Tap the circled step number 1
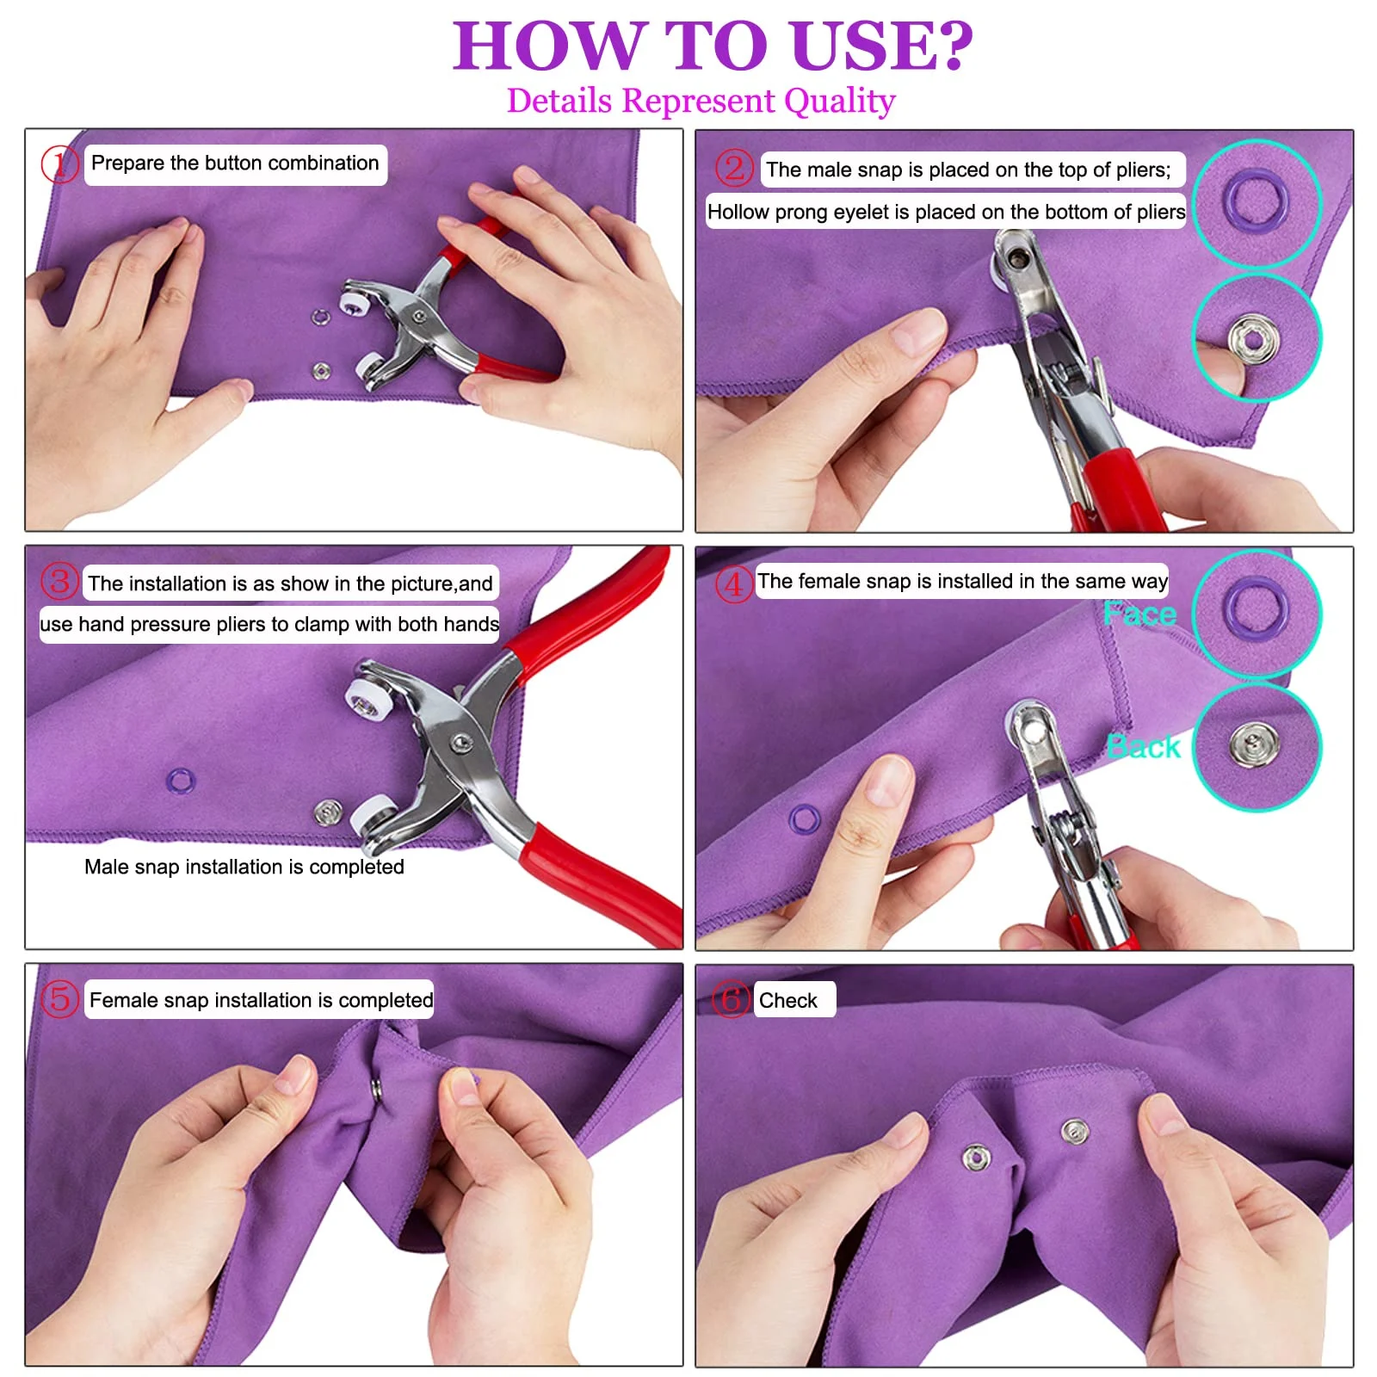pos(59,164)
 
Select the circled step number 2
pos(733,168)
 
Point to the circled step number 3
pos(59,581)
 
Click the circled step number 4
pos(733,584)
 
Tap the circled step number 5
pos(59,998)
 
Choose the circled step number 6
pos(731,999)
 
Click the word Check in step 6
pos(787,1000)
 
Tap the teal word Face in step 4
pos(1139,614)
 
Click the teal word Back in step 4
pos(1143,746)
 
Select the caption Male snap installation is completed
pos(244,867)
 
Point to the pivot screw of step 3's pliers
pos(462,742)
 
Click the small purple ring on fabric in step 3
pos(180,781)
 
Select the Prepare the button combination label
pos(235,164)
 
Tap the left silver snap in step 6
pos(976,1158)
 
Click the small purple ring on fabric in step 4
pos(805,818)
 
